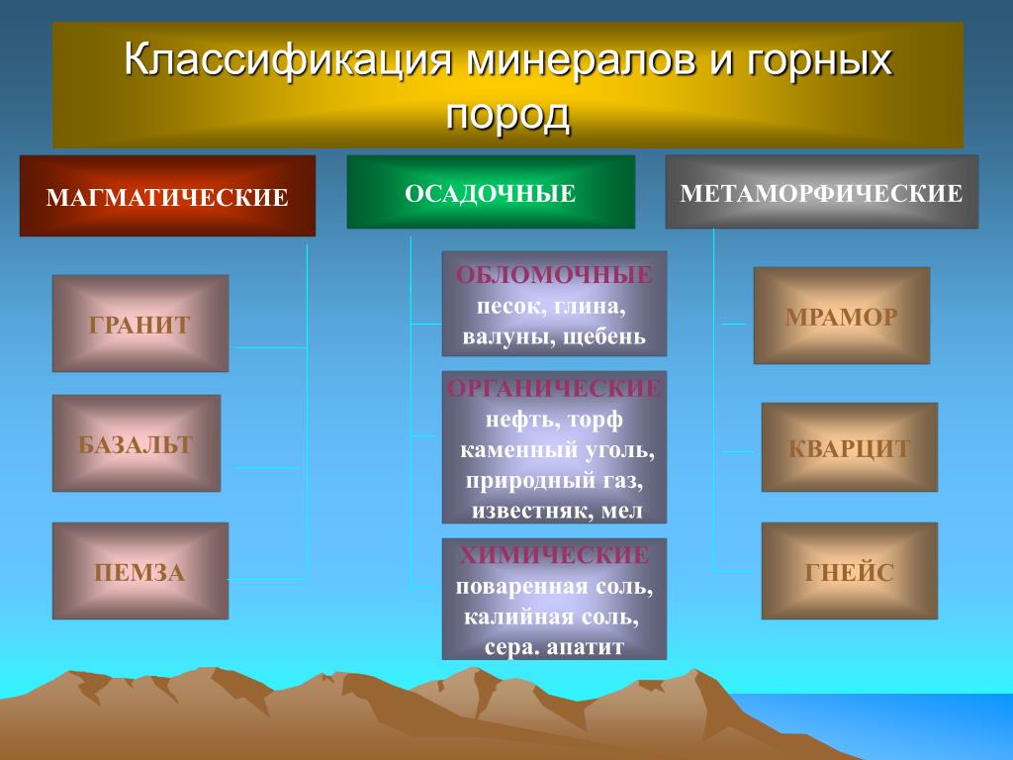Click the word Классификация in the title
tap(287, 59)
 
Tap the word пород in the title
tap(507, 115)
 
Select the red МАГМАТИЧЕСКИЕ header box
tap(167, 196)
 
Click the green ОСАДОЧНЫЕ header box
tap(491, 192)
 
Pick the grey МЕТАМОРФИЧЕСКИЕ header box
tap(822, 192)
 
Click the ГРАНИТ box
tap(140, 324)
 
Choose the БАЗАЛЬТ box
tap(137, 443)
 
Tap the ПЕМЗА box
tap(140, 571)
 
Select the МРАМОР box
tap(842, 316)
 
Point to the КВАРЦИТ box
tap(850, 447)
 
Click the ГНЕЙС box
tap(850, 571)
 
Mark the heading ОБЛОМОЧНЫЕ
tap(554, 275)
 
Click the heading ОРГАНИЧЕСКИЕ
tap(554, 388)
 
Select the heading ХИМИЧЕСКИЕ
tap(554, 555)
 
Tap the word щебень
tap(604, 337)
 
